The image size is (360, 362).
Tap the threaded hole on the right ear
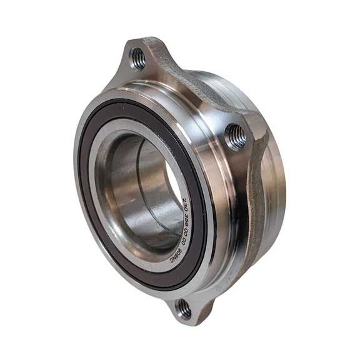pos(236,136)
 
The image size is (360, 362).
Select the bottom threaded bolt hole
pos(183,307)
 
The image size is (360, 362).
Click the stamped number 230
pos(185,204)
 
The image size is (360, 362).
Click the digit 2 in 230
pos(184,200)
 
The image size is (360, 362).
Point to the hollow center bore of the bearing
pos(141,187)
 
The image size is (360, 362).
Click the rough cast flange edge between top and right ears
pos(200,87)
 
